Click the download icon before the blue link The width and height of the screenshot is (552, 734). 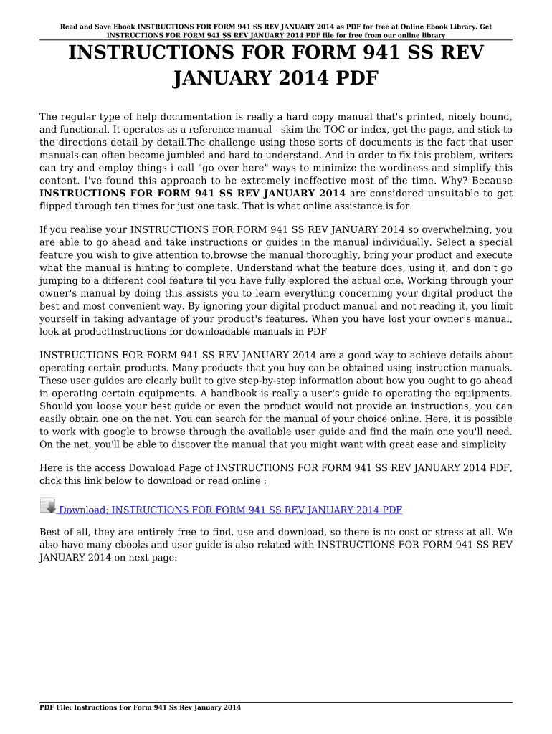[47, 505]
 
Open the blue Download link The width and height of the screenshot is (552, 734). [229, 510]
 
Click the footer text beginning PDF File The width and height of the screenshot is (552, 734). [140, 707]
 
